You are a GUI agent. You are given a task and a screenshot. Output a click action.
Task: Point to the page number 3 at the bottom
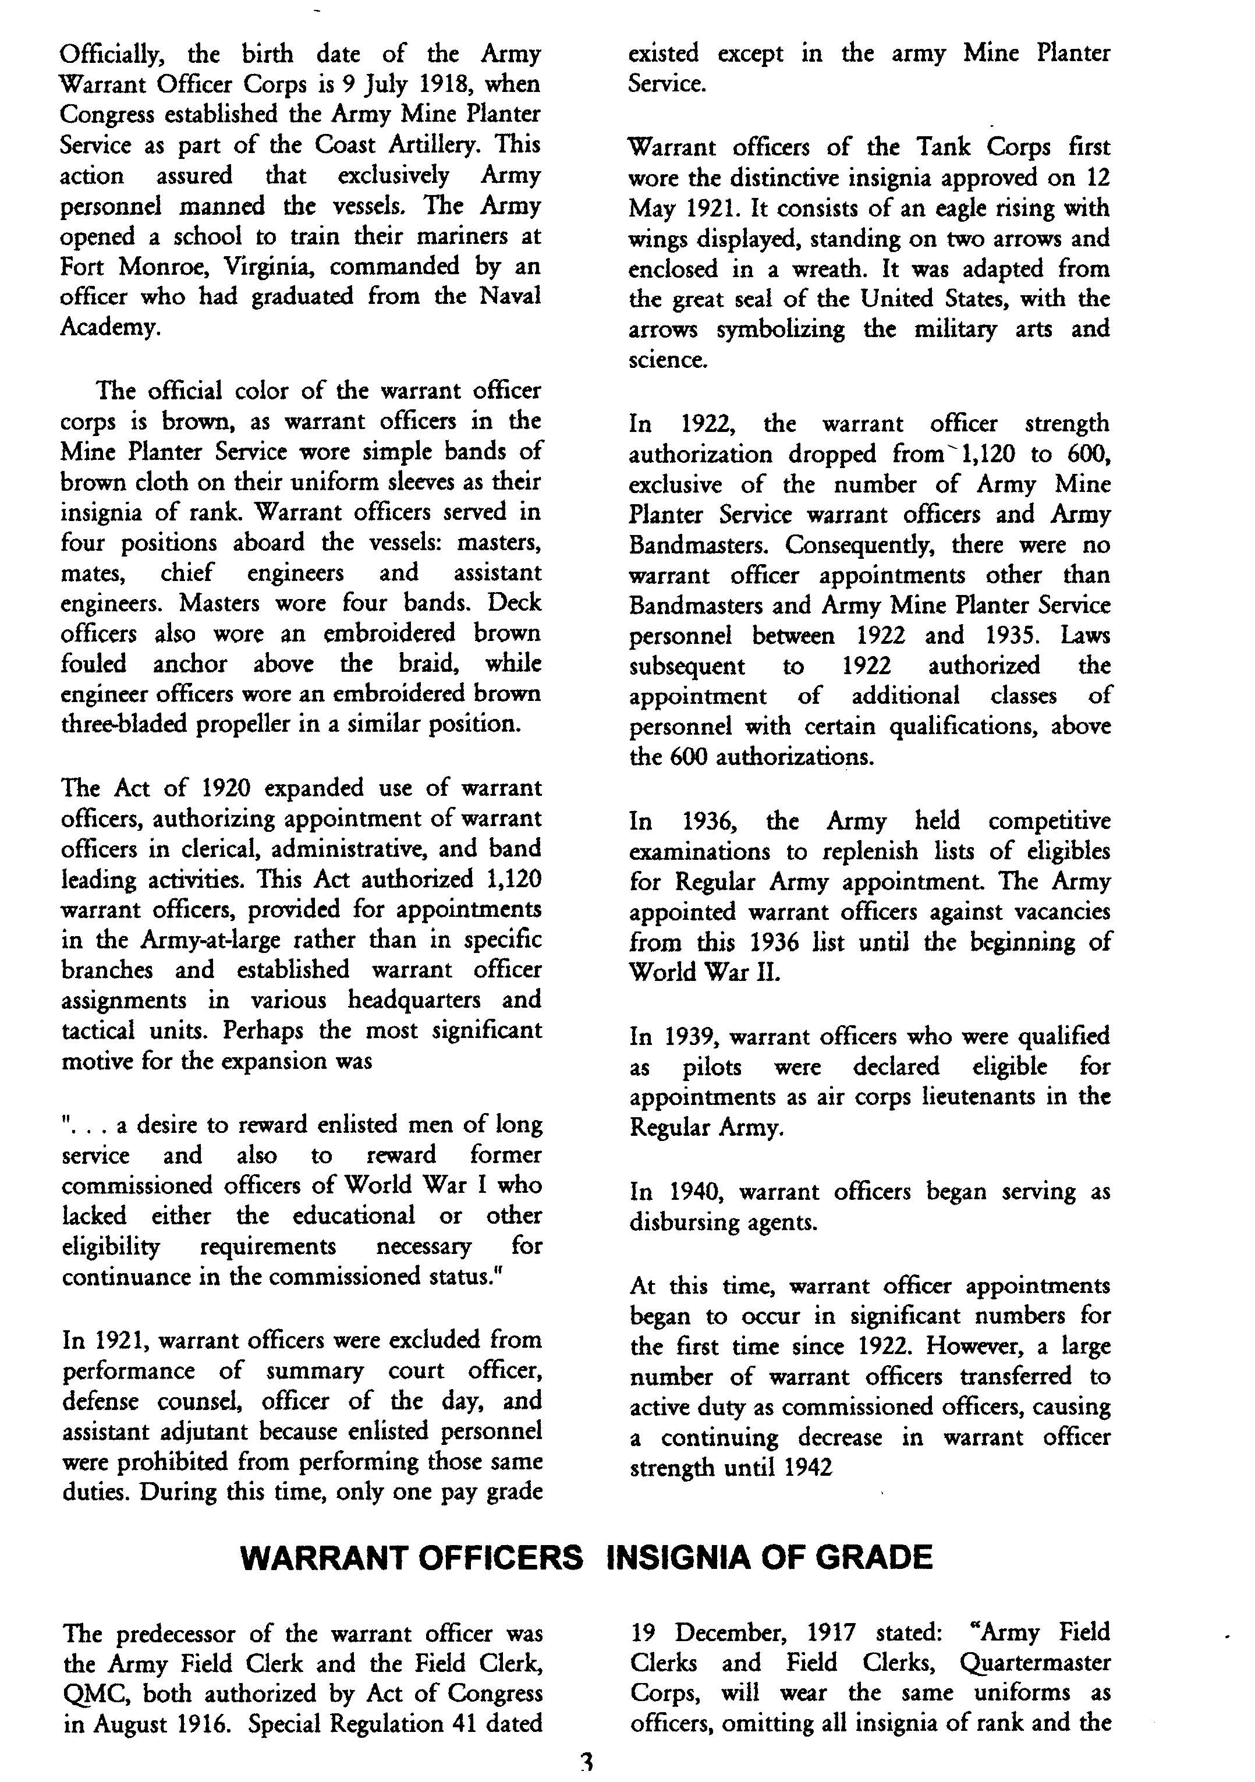[x=587, y=1763]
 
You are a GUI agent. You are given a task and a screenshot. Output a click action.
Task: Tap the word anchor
[x=189, y=664]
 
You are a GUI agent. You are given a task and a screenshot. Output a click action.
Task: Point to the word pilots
[x=712, y=1067]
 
